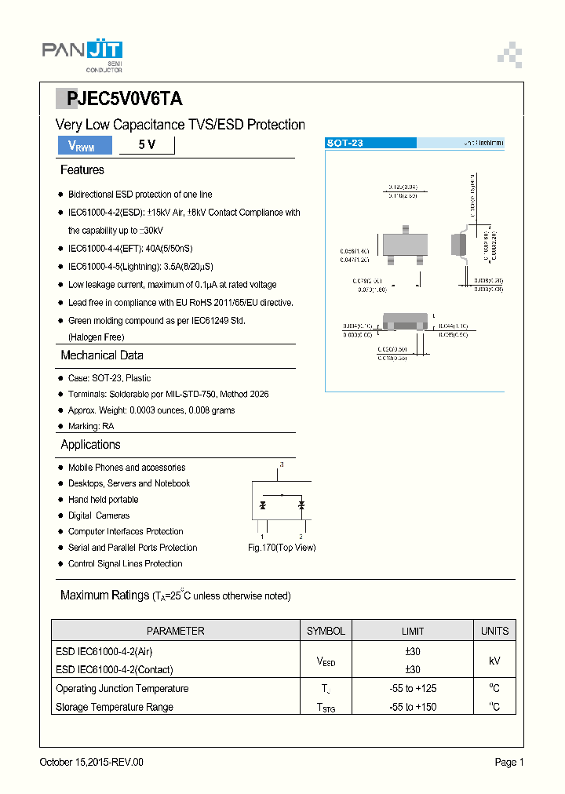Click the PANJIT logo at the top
[x=82, y=53]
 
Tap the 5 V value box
[x=146, y=145]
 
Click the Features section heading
[x=82, y=170]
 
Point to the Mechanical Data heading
[x=101, y=355]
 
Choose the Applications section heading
[x=90, y=445]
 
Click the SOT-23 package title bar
[x=370, y=144]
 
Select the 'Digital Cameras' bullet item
[x=99, y=515]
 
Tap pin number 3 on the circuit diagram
[x=281, y=466]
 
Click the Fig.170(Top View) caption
[x=282, y=548]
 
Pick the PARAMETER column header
[x=175, y=631]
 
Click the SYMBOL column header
[x=326, y=631]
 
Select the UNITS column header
[x=494, y=631]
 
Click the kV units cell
[x=494, y=661]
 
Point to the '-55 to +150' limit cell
[x=413, y=707]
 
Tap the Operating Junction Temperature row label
[x=122, y=689]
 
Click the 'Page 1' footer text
[x=508, y=763]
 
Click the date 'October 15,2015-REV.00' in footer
[x=92, y=763]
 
